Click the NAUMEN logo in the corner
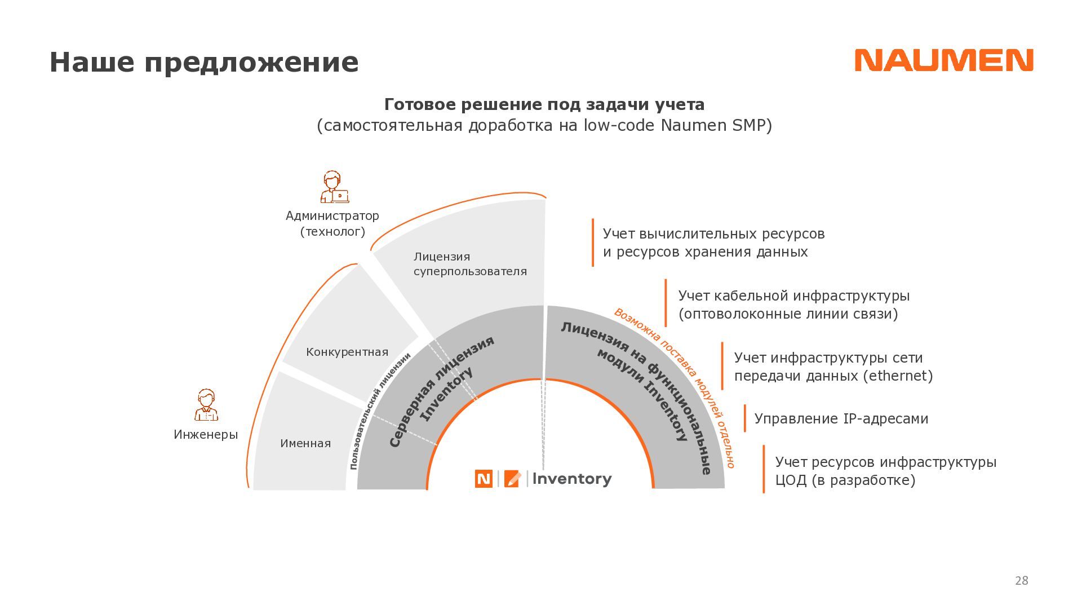[x=943, y=60]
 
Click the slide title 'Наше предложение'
[x=204, y=62]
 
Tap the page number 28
[x=1021, y=581]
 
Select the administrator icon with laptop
[x=334, y=187]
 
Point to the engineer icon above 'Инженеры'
[x=206, y=405]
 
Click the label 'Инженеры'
[x=206, y=435]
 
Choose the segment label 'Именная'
[x=305, y=443]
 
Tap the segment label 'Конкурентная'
[x=347, y=352]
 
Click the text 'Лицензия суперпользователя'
[x=470, y=264]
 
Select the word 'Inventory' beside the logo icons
[x=572, y=479]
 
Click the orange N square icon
[x=484, y=479]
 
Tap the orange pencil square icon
[x=512, y=479]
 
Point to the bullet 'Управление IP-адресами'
[x=841, y=419]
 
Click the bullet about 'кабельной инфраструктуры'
[x=793, y=304]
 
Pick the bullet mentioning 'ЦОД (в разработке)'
[x=885, y=471]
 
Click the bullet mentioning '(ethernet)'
[x=833, y=367]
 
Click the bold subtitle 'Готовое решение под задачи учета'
[x=544, y=105]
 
